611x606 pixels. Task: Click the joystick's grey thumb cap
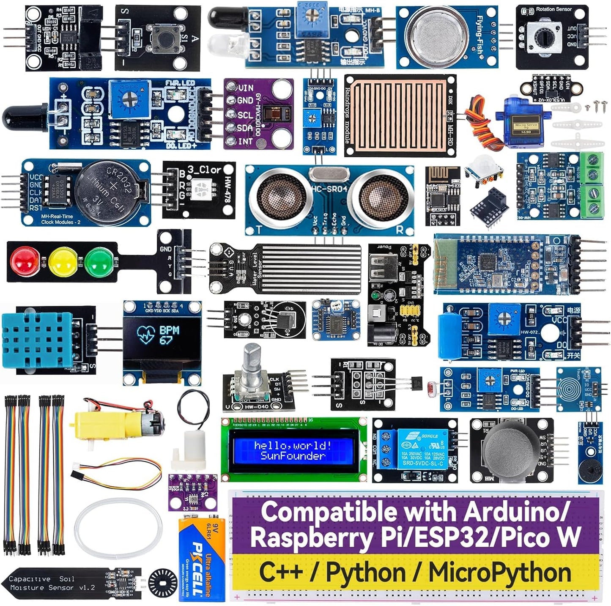pyautogui.click(x=510, y=449)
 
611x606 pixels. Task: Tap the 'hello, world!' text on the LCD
pyautogui.click(x=293, y=445)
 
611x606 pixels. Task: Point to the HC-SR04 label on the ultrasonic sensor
pyautogui.click(x=329, y=189)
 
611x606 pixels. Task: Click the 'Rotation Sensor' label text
pyautogui.click(x=553, y=9)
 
